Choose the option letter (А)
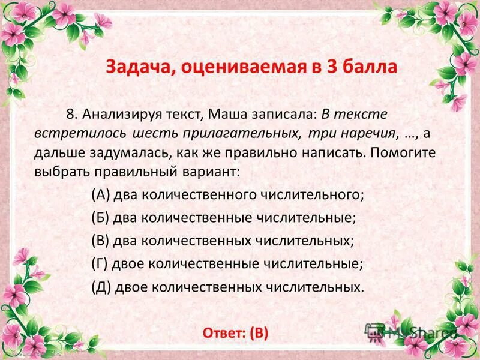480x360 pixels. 100,194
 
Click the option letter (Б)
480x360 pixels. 100,217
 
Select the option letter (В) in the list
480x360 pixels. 100,241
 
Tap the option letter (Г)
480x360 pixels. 100,263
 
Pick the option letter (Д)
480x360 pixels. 101,286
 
